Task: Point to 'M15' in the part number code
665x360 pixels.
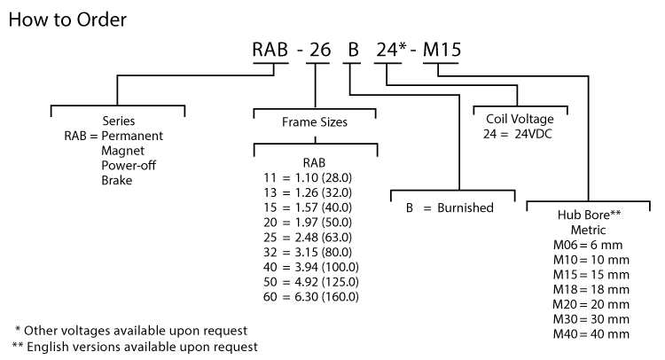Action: [441, 50]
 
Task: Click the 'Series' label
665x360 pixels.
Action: [118, 121]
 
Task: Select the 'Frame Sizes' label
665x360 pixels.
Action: [316, 121]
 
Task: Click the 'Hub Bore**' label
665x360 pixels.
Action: [587, 215]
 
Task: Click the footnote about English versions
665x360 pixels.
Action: [135, 346]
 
